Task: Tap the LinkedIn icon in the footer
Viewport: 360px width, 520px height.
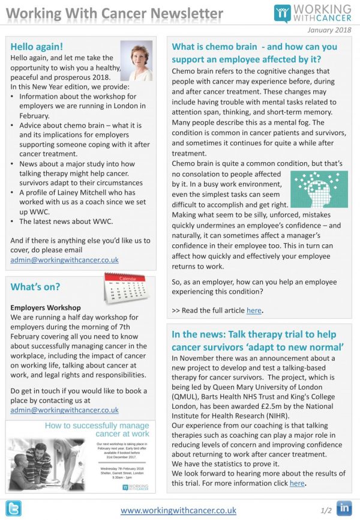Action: click(x=344, y=508)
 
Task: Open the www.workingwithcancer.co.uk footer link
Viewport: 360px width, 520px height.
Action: click(x=178, y=510)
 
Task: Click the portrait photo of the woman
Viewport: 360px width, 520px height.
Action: click(x=136, y=60)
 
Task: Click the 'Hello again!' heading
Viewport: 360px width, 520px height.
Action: click(x=37, y=46)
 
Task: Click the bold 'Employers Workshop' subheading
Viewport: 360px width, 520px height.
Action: click(x=46, y=307)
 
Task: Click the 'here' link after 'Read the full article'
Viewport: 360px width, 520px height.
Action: click(x=254, y=310)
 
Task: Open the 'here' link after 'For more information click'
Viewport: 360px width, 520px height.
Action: click(x=297, y=483)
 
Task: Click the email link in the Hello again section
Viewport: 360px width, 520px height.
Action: click(x=64, y=260)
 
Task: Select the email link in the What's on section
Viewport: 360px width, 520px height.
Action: click(x=64, y=410)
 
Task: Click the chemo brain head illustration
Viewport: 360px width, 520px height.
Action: click(x=319, y=189)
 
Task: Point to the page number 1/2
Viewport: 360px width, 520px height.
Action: click(x=326, y=510)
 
